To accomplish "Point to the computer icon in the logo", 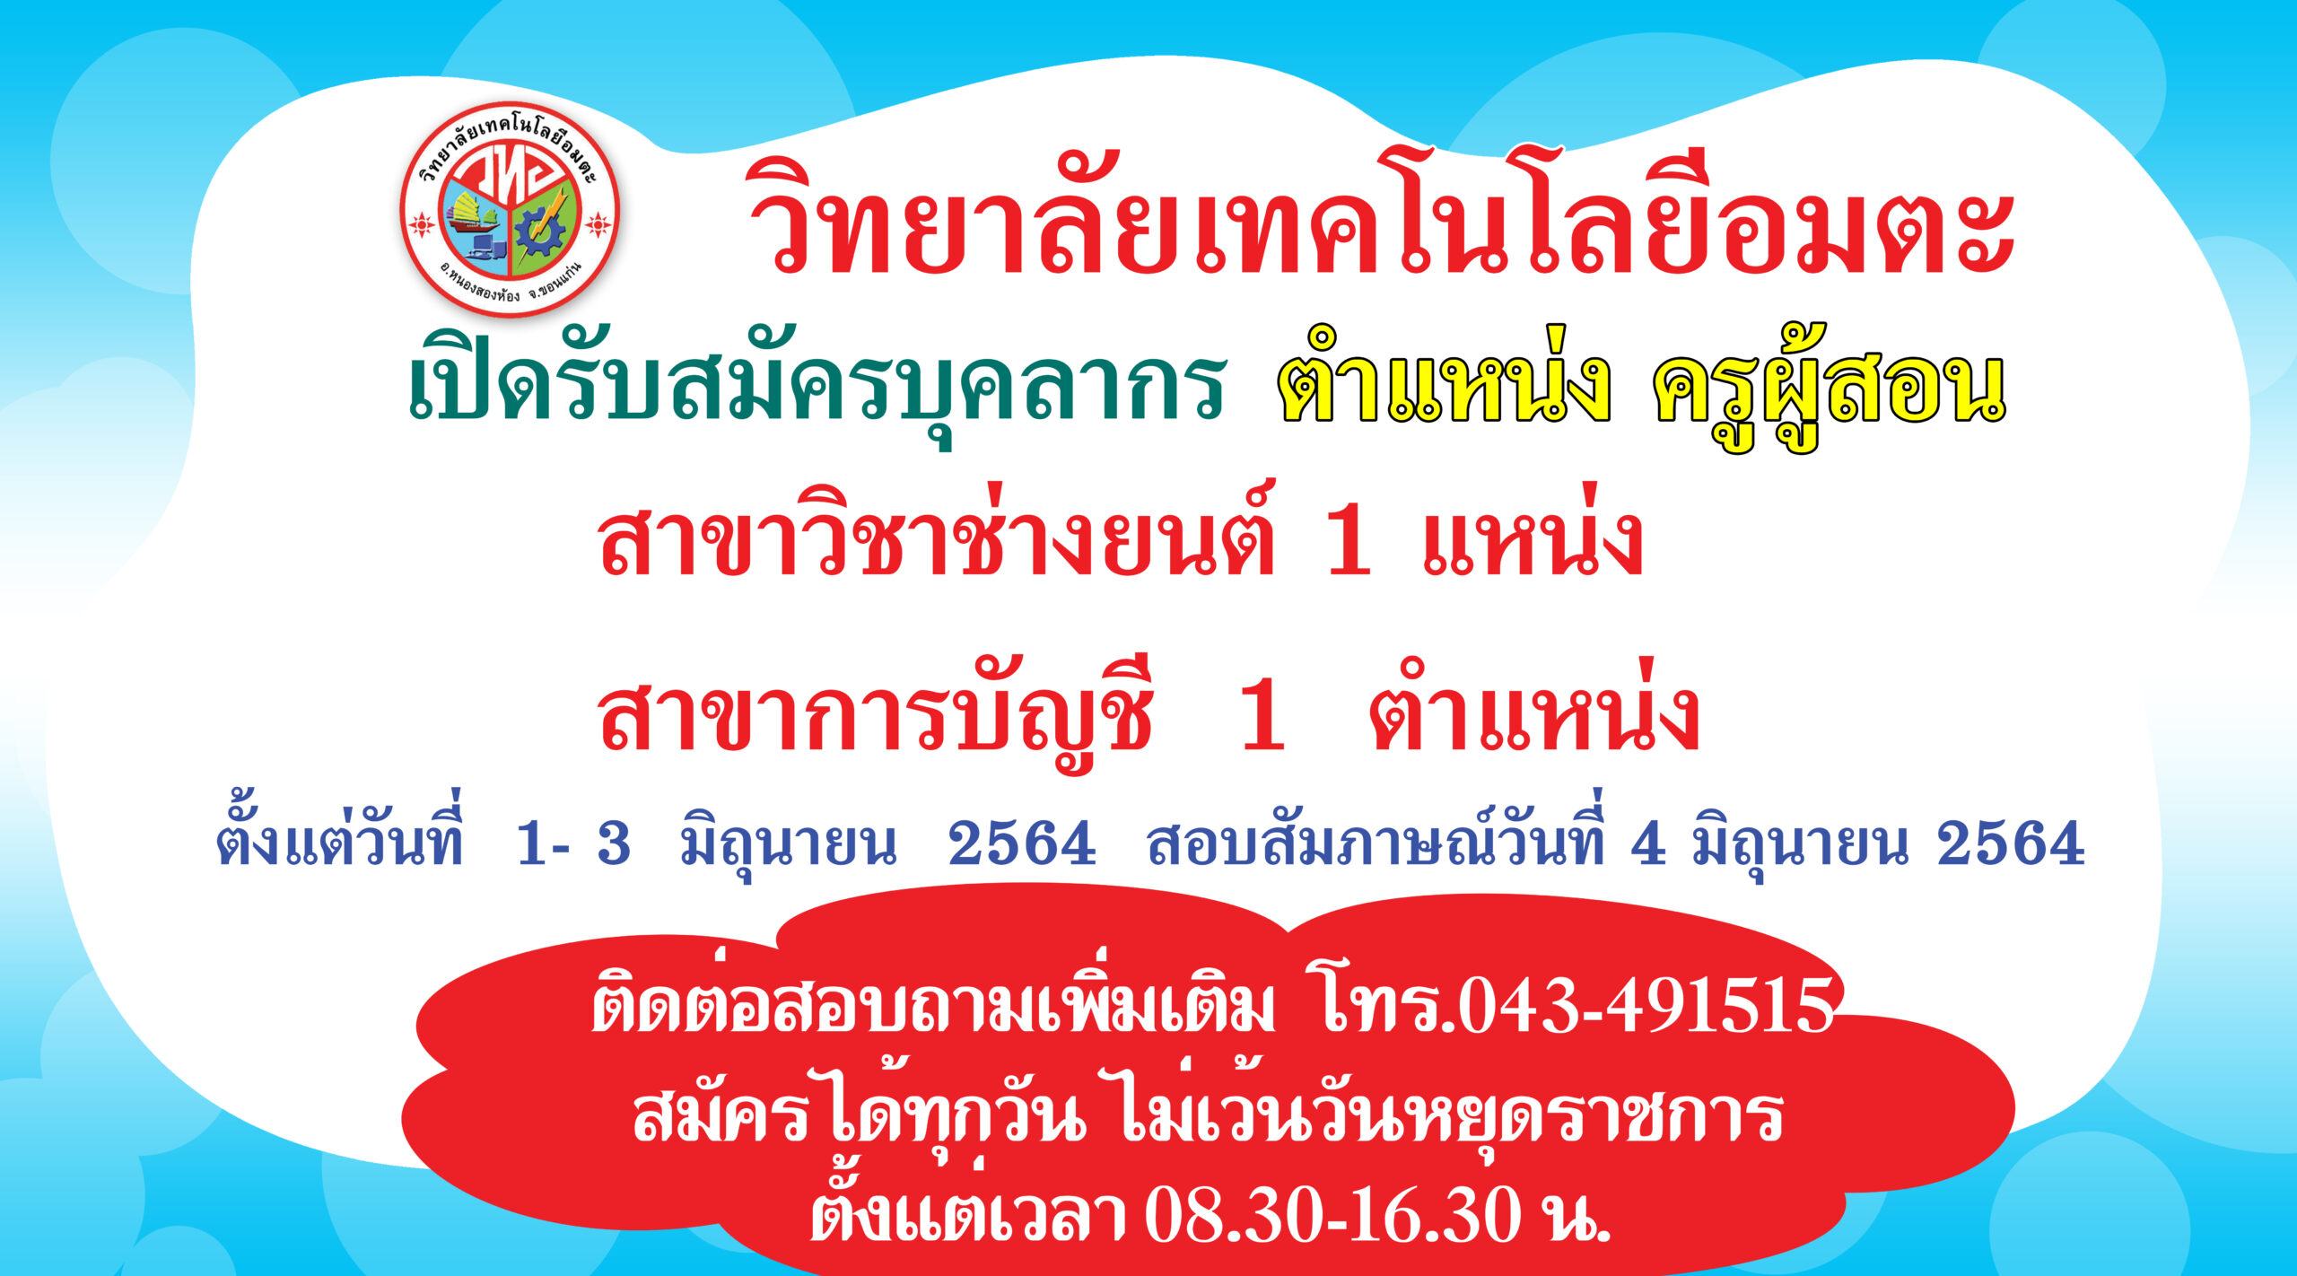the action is pos(480,247).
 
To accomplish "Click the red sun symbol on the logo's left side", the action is pos(420,223).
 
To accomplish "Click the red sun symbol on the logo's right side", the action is pos(598,223).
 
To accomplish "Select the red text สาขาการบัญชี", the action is pos(875,718).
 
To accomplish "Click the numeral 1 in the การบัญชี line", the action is pos(1262,718).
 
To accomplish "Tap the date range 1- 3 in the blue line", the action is pos(573,844).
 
